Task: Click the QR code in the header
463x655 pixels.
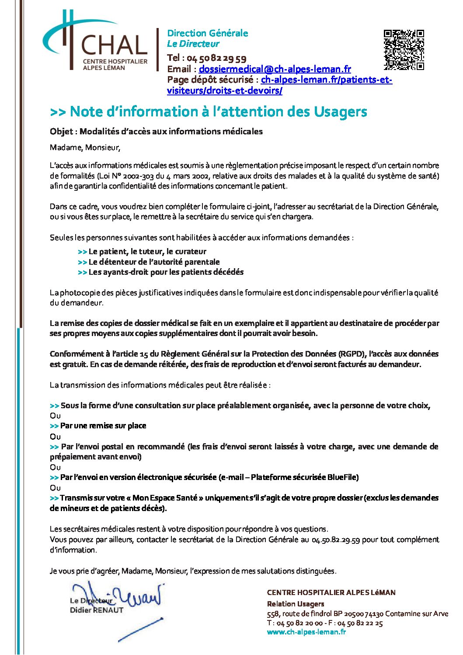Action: tap(404, 50)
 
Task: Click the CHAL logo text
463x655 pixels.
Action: tap(115, 46)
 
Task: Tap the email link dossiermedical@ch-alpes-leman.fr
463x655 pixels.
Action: tap(275, 69)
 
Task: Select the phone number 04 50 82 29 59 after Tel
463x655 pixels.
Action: tap(216, 58)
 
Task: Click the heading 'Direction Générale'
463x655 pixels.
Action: tap(207, 33)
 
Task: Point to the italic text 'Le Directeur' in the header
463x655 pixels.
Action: tap(193, 44)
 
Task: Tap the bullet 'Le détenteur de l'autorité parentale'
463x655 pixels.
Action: tap(154, 262)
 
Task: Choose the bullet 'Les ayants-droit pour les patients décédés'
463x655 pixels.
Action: tap(166, 272)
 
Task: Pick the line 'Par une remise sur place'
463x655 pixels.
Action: tap(103, 426)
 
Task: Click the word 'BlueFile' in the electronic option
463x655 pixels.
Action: tap(343, 477)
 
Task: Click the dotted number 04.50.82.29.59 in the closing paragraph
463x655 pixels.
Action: tap(335, 540)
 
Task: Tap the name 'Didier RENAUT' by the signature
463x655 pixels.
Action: tap(97, 610)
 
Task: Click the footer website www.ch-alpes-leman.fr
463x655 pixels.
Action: tap(306, 632)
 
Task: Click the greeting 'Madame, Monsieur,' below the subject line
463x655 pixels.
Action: tap(85, 148)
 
